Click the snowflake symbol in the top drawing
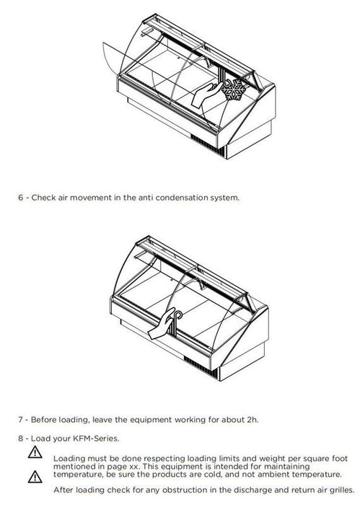pos(234,89)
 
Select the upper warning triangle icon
pos(35,452)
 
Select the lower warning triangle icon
pos(35,477)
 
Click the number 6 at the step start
pos(21,198)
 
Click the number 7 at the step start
pos(21,420)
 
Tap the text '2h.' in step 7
pos(253,420)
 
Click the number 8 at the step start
pos(21,439)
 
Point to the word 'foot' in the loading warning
pos(339,458)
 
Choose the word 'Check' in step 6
pos(43,198)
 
